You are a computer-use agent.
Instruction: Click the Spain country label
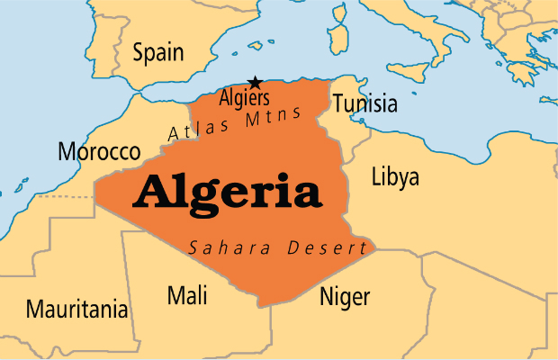[158, 52]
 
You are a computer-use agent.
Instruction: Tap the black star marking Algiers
[255, 82]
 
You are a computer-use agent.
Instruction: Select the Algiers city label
[244, 96]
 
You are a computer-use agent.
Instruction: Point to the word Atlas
[194, 131]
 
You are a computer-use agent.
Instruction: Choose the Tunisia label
[364, 103]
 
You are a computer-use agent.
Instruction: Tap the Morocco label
[99, 151]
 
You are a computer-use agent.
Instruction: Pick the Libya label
[395, 176]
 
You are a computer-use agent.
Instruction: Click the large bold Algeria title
[227, 192]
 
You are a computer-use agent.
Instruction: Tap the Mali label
[187, 294]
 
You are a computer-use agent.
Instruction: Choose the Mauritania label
[76, 310]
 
